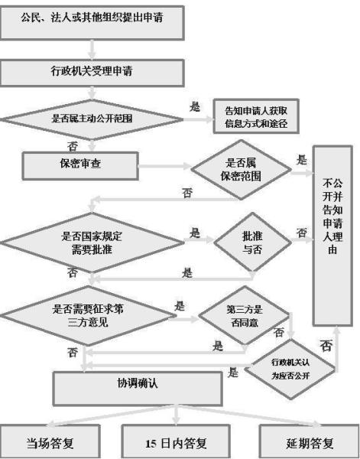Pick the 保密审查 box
tap(81, 164)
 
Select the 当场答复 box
tap(52, 442)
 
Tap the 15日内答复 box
tap(177, 442)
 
